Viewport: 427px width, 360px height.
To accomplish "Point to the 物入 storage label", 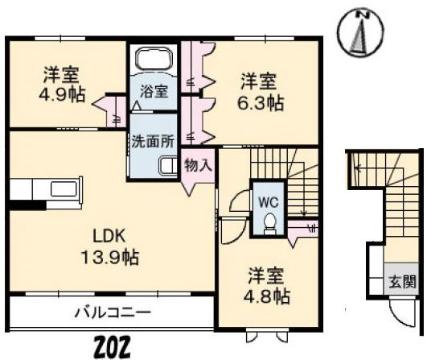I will [x=198, y=165].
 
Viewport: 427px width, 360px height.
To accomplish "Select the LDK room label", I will [x=110, y=236].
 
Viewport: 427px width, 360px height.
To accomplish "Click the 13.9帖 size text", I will [x=110, y=257].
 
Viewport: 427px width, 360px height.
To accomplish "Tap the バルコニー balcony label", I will [x=112, y=312].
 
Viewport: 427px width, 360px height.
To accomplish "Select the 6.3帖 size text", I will [x=262, y=102].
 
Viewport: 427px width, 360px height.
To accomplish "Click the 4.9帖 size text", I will [x=61, y=96].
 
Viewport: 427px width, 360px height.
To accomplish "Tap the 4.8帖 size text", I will [x=269, y=296].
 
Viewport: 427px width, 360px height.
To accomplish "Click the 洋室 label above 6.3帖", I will [x=262, y=80].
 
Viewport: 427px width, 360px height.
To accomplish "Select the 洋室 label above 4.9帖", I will [x=61, y=74].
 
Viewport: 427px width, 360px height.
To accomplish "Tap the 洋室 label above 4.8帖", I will [x=269, y=274].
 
